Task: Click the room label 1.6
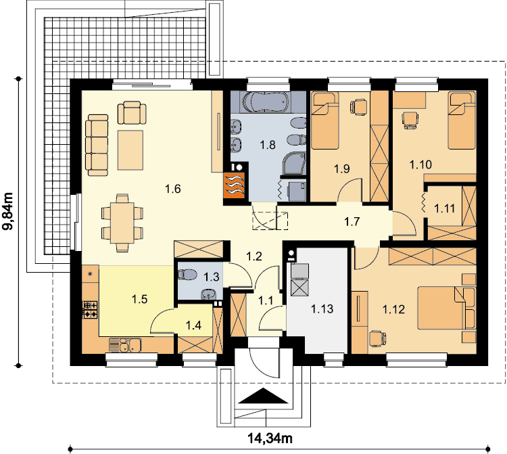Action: [x=173, y=189]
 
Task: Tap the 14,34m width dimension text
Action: [x=270, y=438]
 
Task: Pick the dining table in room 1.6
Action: [x=122, y=223]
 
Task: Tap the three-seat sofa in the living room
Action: [x=97, y=145]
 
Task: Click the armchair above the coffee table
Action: [x=132, y=112]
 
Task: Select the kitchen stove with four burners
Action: [x=91, y=310]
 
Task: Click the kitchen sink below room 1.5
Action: [x=125, y=345]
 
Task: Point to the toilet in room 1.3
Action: [x=187, y=275]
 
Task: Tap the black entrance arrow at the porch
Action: [x=263, y=396]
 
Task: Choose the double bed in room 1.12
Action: [x=447, y=308]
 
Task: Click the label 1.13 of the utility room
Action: [x=322, y=309]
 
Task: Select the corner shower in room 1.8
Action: [x=293, y=164]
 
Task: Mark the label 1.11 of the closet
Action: [x=445, y=208]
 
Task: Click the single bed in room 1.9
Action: [x=325, y=120]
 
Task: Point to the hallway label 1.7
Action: [x=352, y=222]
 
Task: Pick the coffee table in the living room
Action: [x=130, y=150]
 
